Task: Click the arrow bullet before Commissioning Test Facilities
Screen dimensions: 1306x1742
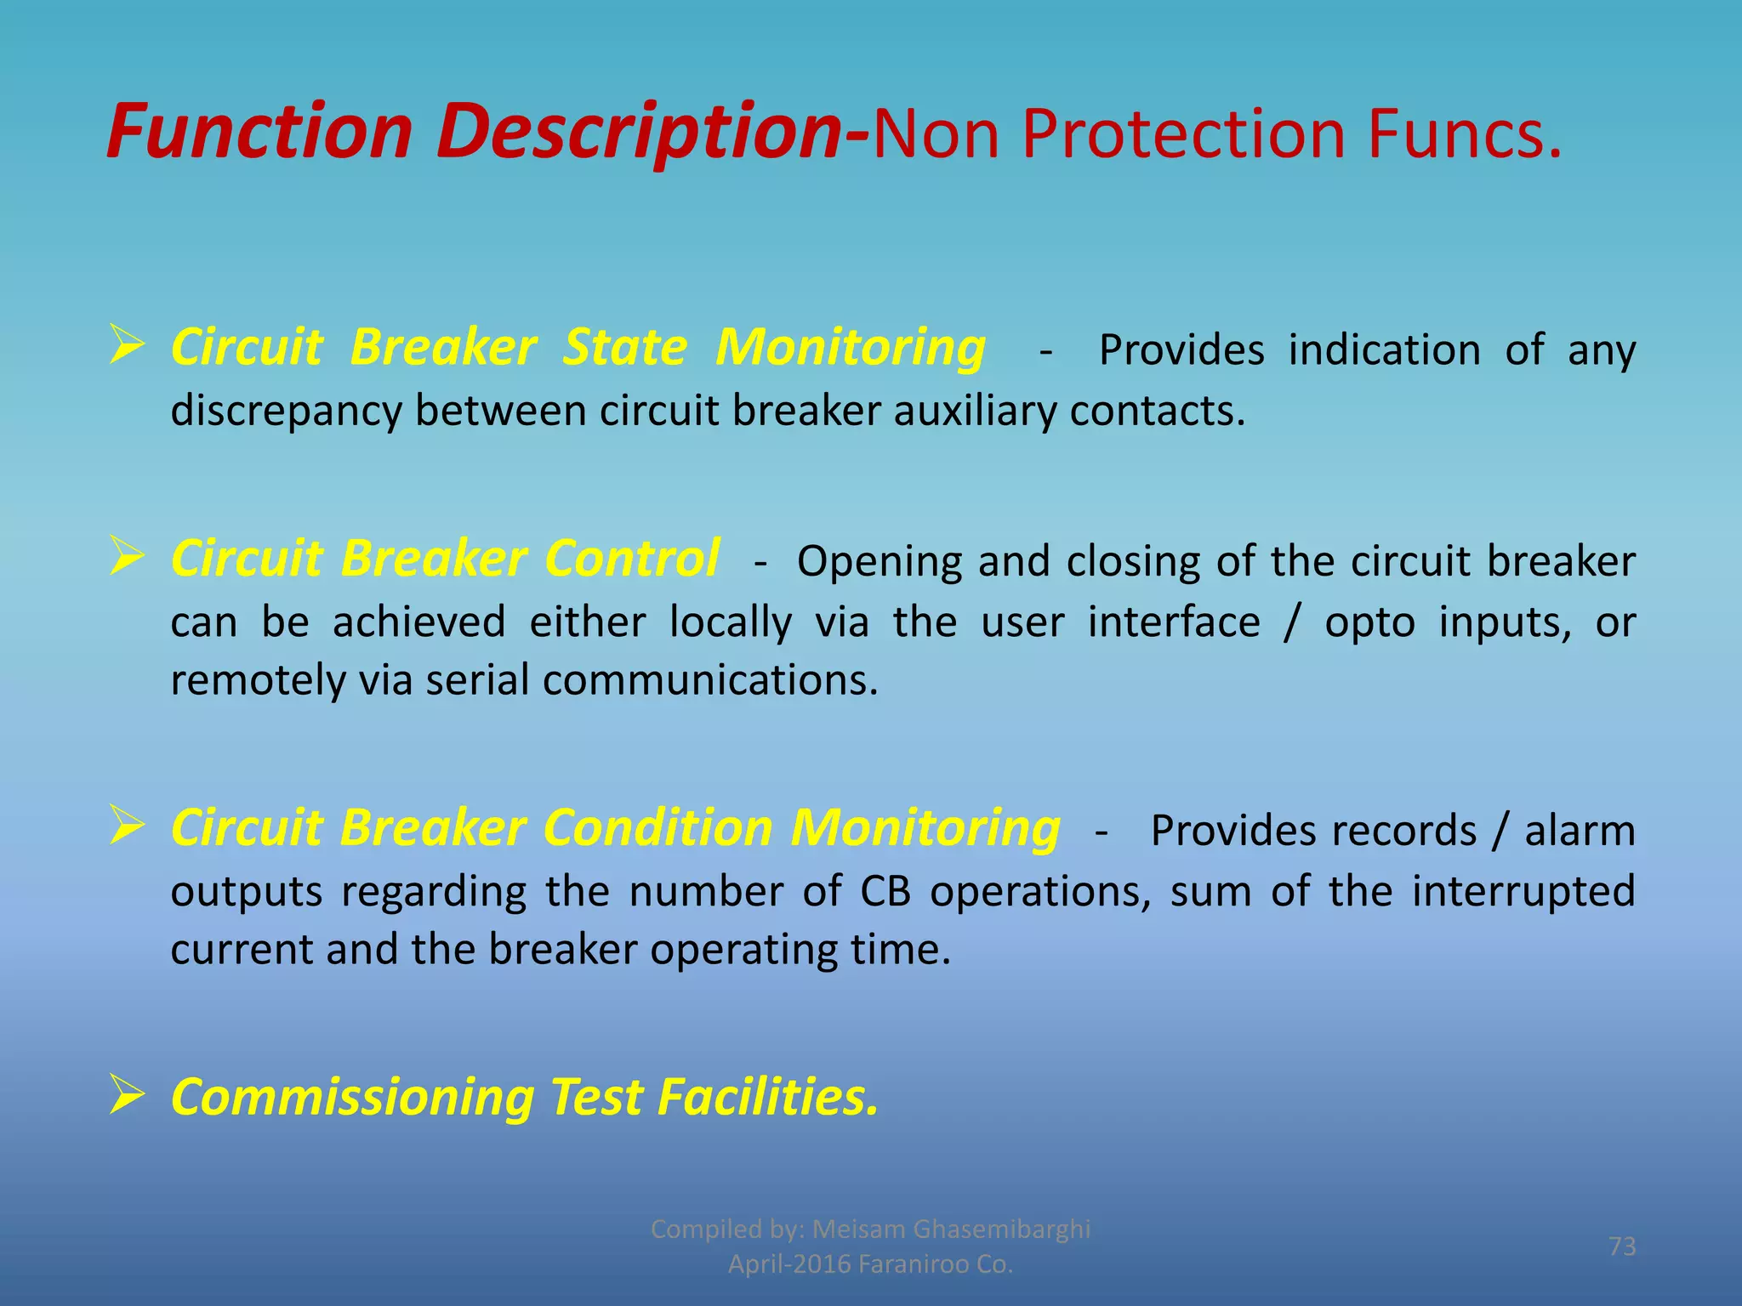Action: [127, 1094]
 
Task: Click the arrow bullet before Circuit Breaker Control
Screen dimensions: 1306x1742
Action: [127, 558]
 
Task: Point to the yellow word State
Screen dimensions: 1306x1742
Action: [625, 348]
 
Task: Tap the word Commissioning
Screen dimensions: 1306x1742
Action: [352, 1097]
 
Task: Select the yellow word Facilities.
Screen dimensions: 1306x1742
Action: [767, 1097]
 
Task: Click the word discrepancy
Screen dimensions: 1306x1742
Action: [286, 412]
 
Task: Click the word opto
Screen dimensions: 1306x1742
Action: [1369, 622]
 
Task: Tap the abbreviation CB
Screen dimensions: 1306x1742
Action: [885, 891]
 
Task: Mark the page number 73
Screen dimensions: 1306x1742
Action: [1622, 1246]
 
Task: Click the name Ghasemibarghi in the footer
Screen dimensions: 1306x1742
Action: [1001, 1229]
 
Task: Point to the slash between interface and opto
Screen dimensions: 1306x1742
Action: [1292, 622]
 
